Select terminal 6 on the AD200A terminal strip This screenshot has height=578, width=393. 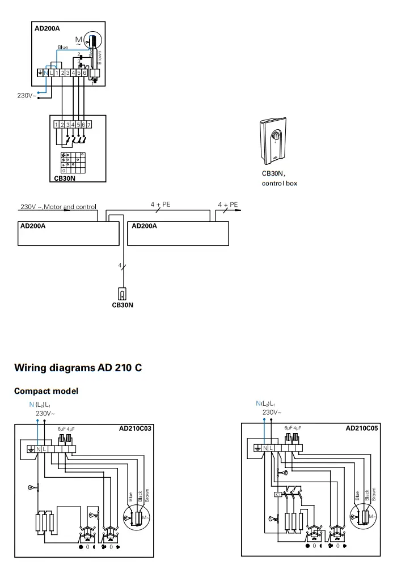84,73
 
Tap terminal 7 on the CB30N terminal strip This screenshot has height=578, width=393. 89,124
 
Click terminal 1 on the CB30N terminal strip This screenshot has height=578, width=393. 57,124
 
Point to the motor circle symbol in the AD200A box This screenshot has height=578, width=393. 90,41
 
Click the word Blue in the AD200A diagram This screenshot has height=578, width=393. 64,48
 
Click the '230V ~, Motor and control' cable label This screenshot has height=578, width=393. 58,206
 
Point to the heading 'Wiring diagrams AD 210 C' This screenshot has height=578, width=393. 78,368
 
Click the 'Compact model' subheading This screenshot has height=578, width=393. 46,391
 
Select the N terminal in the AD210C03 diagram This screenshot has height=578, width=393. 38,449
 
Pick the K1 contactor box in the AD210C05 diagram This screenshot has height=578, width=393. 277,494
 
